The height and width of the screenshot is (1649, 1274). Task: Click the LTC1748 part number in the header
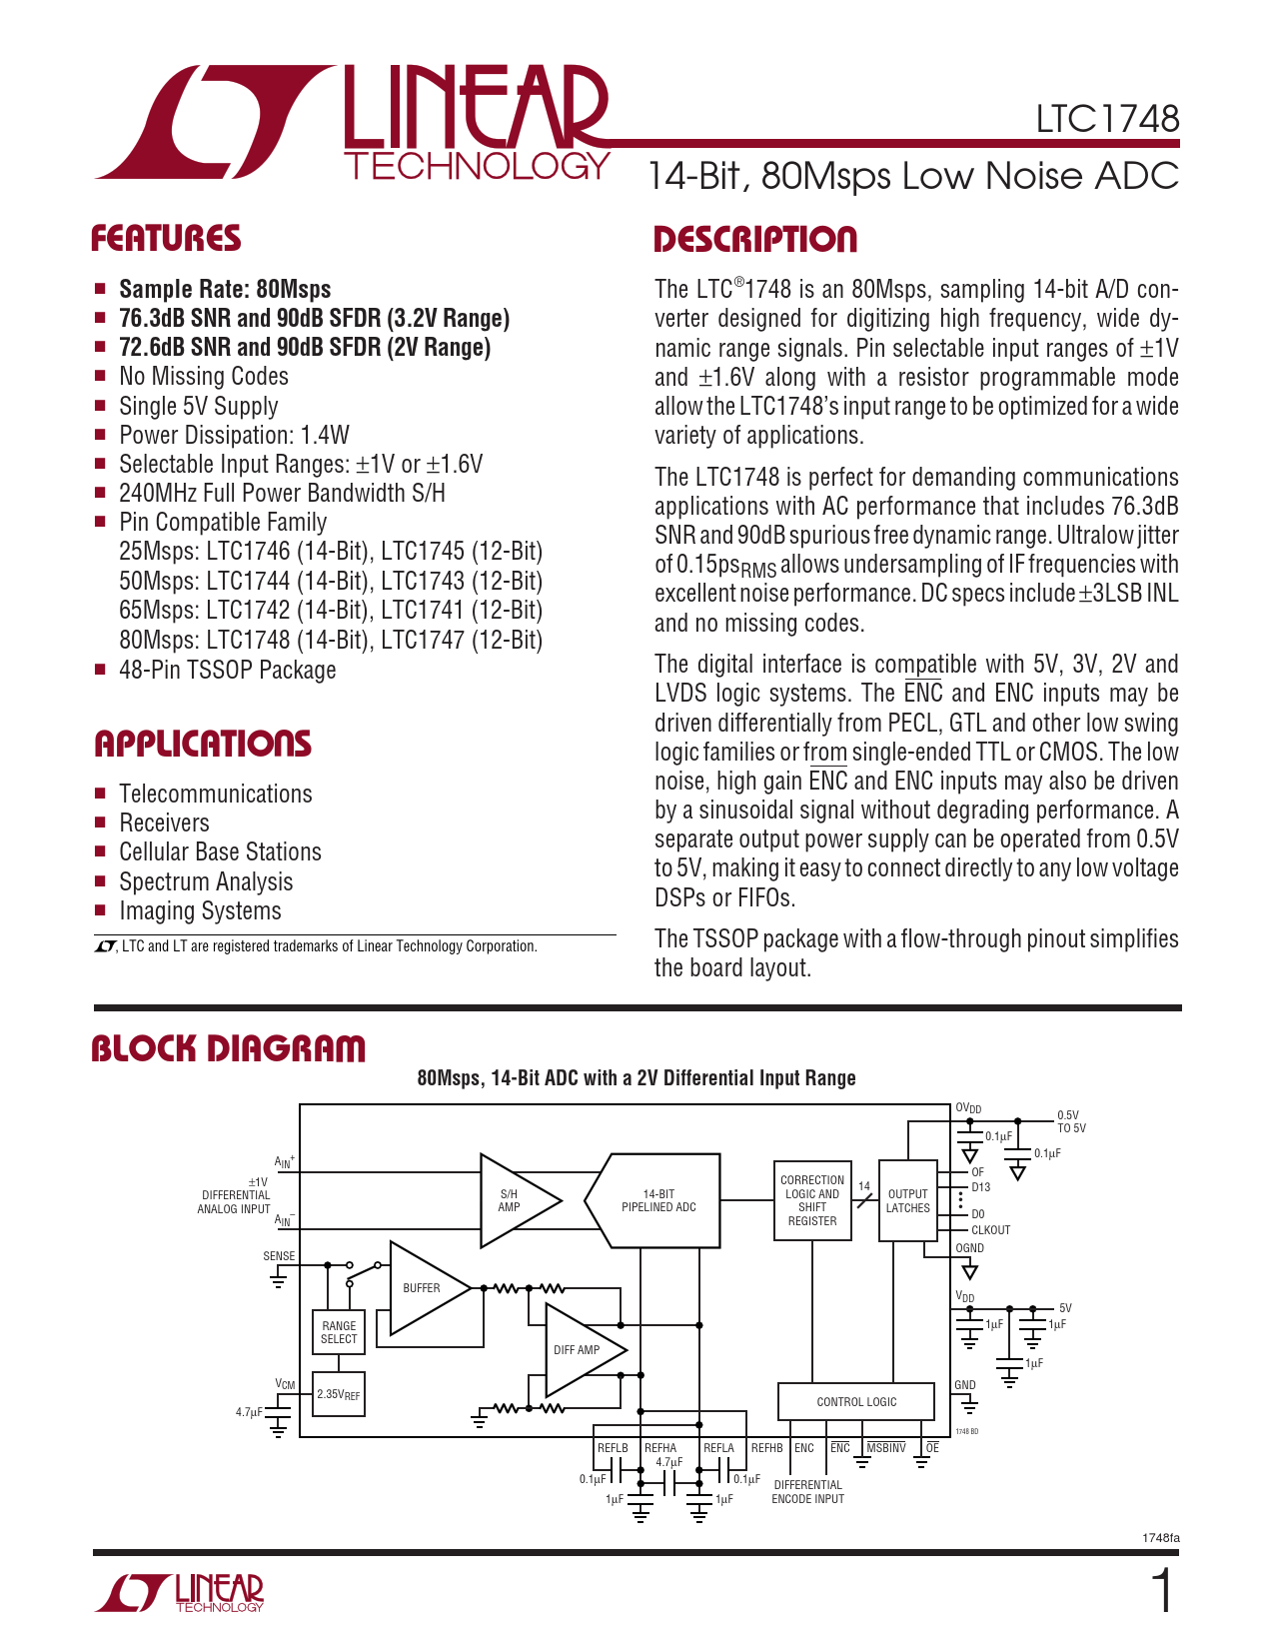(x=1107, y=119)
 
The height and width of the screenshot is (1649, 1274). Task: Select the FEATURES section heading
(x=166, y=239)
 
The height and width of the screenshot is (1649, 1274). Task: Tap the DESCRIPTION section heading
(x=755, y=240)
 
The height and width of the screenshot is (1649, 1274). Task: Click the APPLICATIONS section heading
(x=203, y=744)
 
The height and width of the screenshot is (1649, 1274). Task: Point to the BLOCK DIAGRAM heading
(x=229, y=1049)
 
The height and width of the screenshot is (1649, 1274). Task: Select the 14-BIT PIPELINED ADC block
(x=657, y=1200)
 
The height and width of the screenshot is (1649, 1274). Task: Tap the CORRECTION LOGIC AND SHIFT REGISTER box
(x=812, y=1200)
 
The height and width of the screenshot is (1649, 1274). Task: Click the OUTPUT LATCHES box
(x=907, y=1200)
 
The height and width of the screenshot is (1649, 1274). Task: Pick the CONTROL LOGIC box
(x=856, y=1402)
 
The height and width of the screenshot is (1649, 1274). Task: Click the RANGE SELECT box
(x=339, y=1332)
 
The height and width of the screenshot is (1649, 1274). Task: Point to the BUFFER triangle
(x=424, y=1288)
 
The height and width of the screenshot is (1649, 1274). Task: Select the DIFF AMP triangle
(x=579, y=1350)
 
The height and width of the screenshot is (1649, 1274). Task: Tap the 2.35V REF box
(x=339, y=1394)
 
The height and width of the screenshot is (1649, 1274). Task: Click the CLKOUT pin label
(x=990, y=1230)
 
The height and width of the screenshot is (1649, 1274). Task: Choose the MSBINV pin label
(x=886, y=1448)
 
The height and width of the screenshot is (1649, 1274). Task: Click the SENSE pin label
(x=279, y=1256)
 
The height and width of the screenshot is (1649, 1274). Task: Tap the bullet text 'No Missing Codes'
(x=204, y=377)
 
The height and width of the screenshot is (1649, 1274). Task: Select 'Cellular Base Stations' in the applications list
(x=220, y=852)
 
